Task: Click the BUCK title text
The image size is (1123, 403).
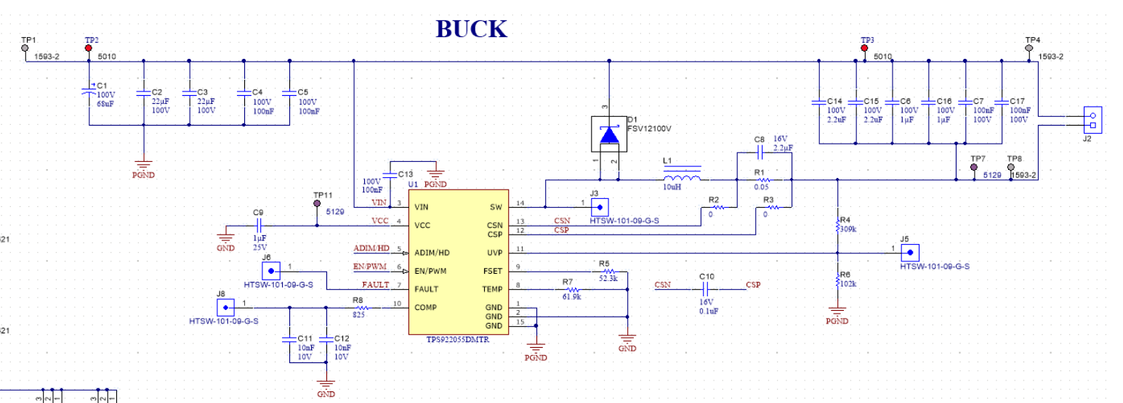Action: pyautogui.click(x=471, y=28)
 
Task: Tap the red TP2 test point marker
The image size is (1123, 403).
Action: pyautogui.click(x=89, y=47)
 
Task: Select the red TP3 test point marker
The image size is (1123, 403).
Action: pyautogui.click(x=864, y=48)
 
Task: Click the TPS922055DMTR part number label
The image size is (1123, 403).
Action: pyautogui.click(x=458, y=339)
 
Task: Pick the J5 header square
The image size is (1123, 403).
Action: pyautogui.click(x=909, y=253)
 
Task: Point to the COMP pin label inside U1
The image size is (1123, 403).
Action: pyautogui.click(x=425, y=307)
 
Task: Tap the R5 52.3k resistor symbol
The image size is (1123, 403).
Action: pyautogui.click(x=608, y=271)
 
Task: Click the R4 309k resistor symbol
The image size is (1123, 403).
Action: pyautogui.click(x=837, y=226)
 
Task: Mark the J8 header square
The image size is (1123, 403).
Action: pyautogui.click(x=221, y=306)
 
